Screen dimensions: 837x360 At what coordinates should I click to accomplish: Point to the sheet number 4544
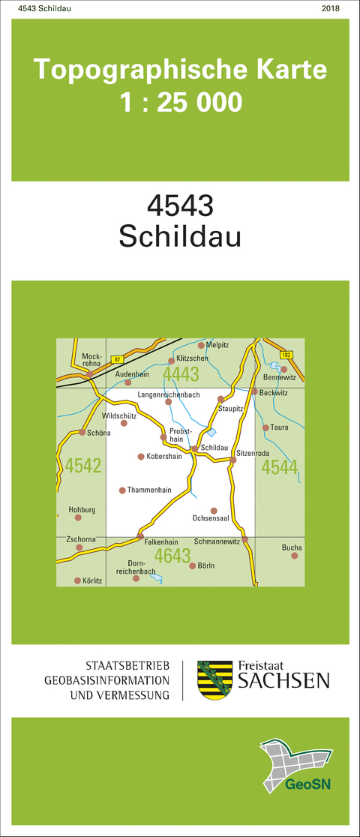click(x=280, y=467)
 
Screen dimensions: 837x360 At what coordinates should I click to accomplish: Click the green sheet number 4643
click(x=172, y=556)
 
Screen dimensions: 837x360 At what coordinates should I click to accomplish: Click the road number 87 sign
click(x=117, y=361)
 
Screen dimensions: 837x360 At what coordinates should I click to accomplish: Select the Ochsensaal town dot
click(x=214, y=510)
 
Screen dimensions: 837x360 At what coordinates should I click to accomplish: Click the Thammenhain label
click(x=150, y=490)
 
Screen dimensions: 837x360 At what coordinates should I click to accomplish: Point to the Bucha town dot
click(x=295, y=556)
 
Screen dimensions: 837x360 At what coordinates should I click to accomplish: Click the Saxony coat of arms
click(x=214, y=679)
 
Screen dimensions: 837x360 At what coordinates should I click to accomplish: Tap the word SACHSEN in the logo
click(x=283, y=681)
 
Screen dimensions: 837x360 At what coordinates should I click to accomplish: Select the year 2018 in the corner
click(x=330, y=8)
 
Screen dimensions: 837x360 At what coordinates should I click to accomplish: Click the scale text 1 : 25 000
click(x=181, y=100)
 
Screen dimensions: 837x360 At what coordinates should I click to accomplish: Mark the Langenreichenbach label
click(x=168, y=394)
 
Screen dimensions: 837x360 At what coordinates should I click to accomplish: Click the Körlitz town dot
click(x=77, y=580)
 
